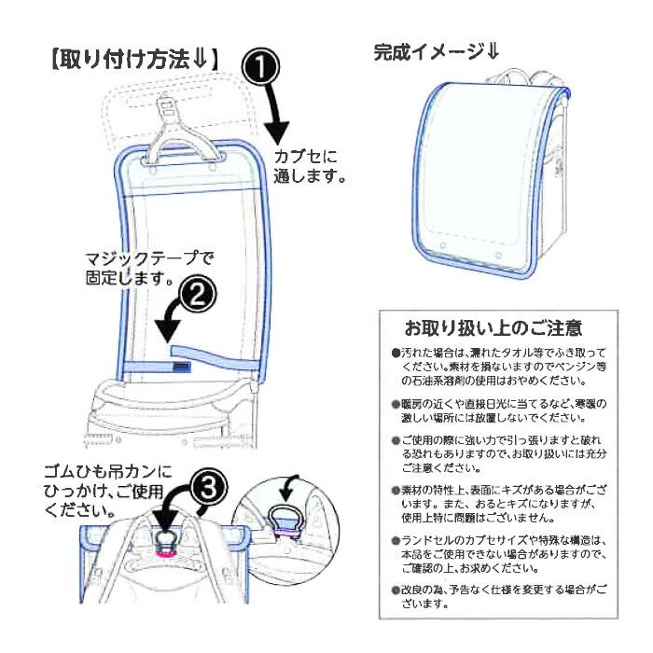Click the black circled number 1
point(262,67)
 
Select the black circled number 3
point(212,487)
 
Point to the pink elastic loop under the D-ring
point(168,552)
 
